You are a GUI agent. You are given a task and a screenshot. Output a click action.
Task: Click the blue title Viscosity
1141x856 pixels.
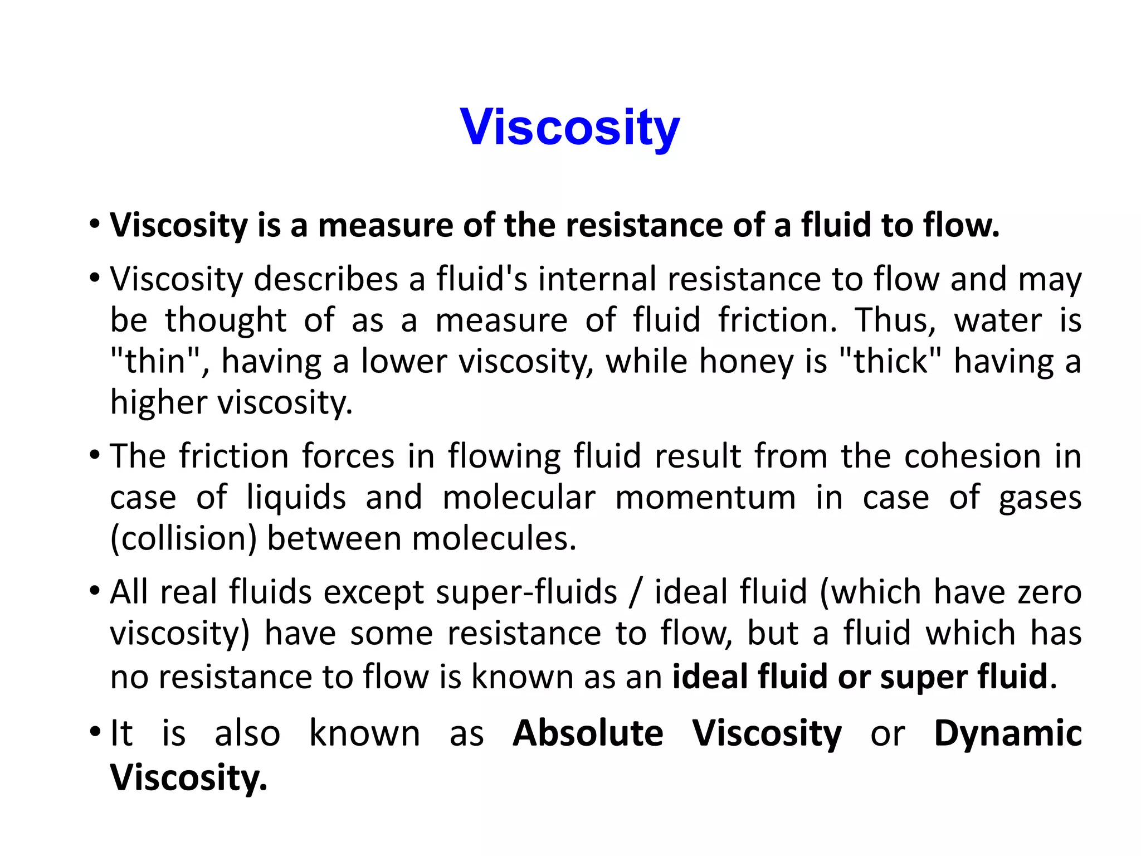tap(570, 127)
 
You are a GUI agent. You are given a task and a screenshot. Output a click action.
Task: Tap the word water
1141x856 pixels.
tap(997, 320)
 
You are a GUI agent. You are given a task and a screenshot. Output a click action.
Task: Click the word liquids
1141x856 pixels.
tap(296, 497)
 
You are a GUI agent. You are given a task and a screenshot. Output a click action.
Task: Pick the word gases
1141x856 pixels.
tap(1040, 497)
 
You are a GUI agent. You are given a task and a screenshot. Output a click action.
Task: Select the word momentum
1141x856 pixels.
tap(705, 497)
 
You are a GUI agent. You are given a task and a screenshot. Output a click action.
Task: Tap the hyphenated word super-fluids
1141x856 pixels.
tap(526, 591)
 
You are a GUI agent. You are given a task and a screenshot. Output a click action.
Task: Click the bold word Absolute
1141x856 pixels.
tap(588, 733)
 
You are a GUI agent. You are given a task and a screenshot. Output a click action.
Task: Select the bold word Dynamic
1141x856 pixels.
tap(1007, 733)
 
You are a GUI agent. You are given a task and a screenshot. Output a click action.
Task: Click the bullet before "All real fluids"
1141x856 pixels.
tap(95, 590)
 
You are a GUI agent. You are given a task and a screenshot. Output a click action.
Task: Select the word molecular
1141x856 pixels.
tap(519, 497)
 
